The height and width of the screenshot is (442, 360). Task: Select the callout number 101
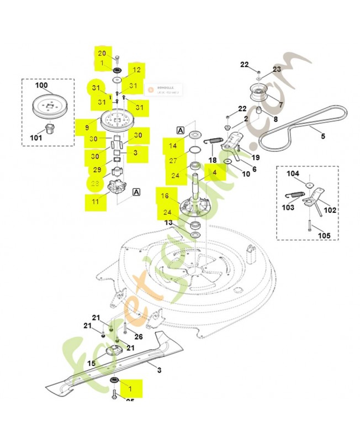coord(36,137)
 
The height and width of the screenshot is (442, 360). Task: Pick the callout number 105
coord(324,235)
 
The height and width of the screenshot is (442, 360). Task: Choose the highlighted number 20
coord(102,53)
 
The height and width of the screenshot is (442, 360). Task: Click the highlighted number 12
coord(136,70)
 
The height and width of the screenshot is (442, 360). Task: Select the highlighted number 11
coord(96,202)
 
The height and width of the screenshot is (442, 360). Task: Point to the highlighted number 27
coord(173,161)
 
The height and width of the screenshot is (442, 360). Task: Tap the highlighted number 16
coord(165,196)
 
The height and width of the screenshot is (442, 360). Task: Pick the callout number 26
coord(138,336)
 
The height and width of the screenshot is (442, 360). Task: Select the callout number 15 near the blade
coord(92,363)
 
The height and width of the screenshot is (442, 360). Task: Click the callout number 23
coord(277,69)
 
